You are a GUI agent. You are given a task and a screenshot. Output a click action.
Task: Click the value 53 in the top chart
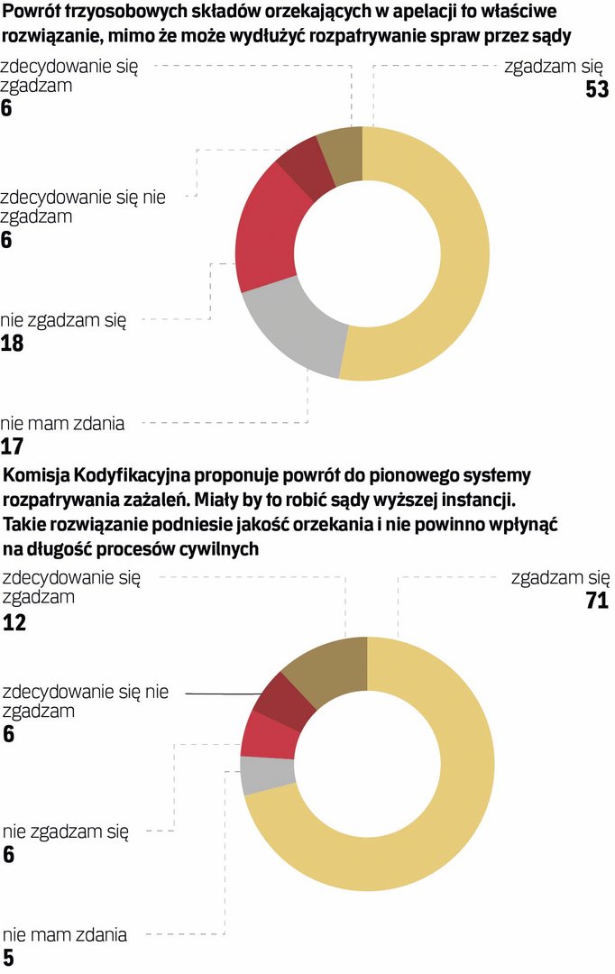597,90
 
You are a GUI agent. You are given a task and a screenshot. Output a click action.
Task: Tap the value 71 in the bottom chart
597,601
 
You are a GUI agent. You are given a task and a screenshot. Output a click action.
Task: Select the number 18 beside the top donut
13,344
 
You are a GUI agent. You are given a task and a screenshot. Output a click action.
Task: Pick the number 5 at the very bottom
8,958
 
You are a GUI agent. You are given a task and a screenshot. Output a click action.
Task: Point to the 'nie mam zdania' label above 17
62,422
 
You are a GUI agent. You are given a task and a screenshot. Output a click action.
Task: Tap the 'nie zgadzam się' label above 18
63,319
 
